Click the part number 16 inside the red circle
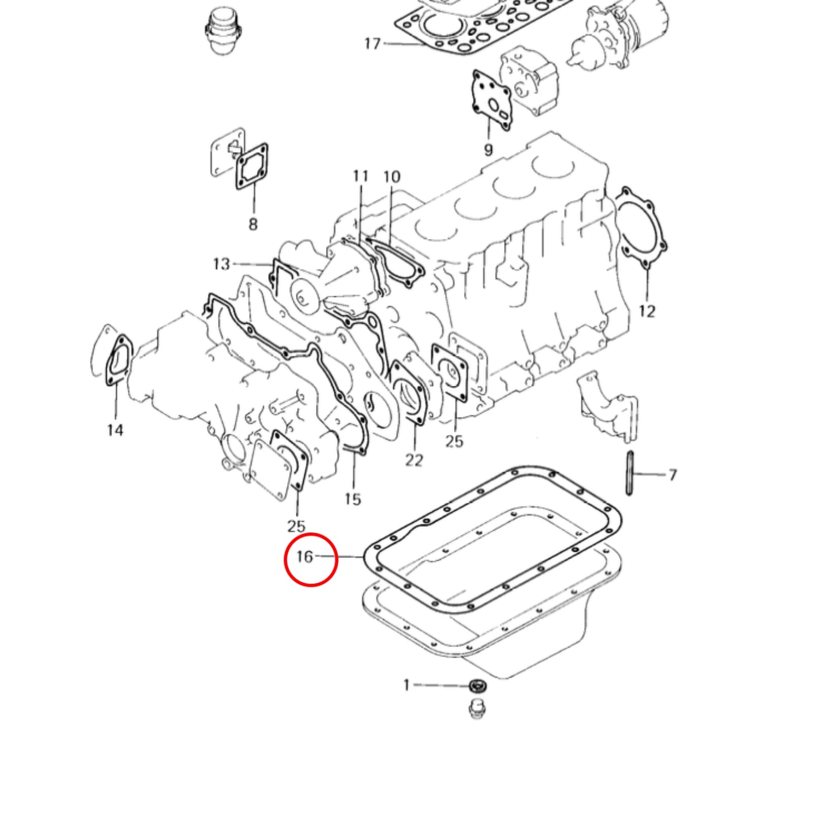click(304, 557)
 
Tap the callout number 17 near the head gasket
click(372, 44)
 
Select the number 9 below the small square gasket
click(488, 150)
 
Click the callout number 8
click(253, 224)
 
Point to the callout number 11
click(361, 176)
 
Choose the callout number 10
click(392, 177)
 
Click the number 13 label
click(222, 264)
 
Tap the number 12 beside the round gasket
click(647, 310)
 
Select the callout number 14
click(115, 430)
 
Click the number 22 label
click(414, 460)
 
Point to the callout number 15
click(353, 499)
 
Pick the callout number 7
click(672, 475)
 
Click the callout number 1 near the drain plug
click(406, 685)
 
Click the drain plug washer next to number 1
click(478, 686)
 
